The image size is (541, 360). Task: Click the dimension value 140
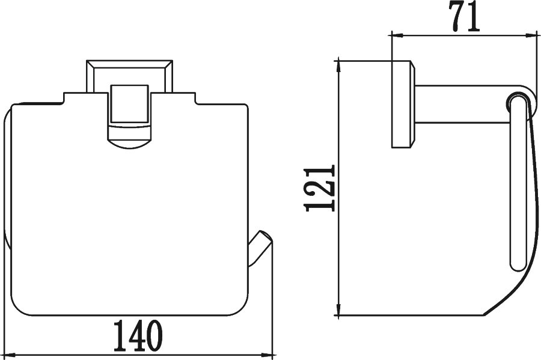[138, 335]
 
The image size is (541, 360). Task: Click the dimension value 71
[465, 17]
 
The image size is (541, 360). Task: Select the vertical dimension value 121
[320, 188]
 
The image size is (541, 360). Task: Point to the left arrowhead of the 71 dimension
[397, 35]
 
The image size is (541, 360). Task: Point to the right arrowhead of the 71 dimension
[531, 35]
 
